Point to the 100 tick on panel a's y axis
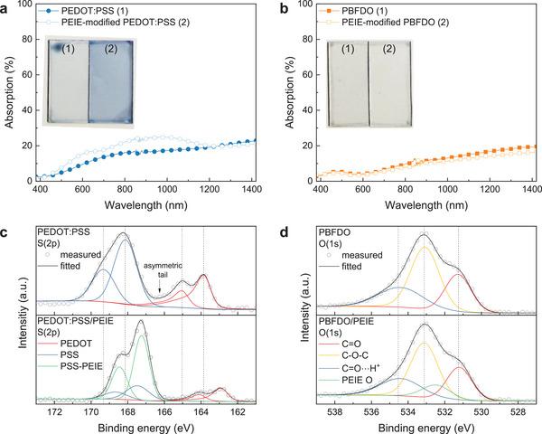tap(23, 6)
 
